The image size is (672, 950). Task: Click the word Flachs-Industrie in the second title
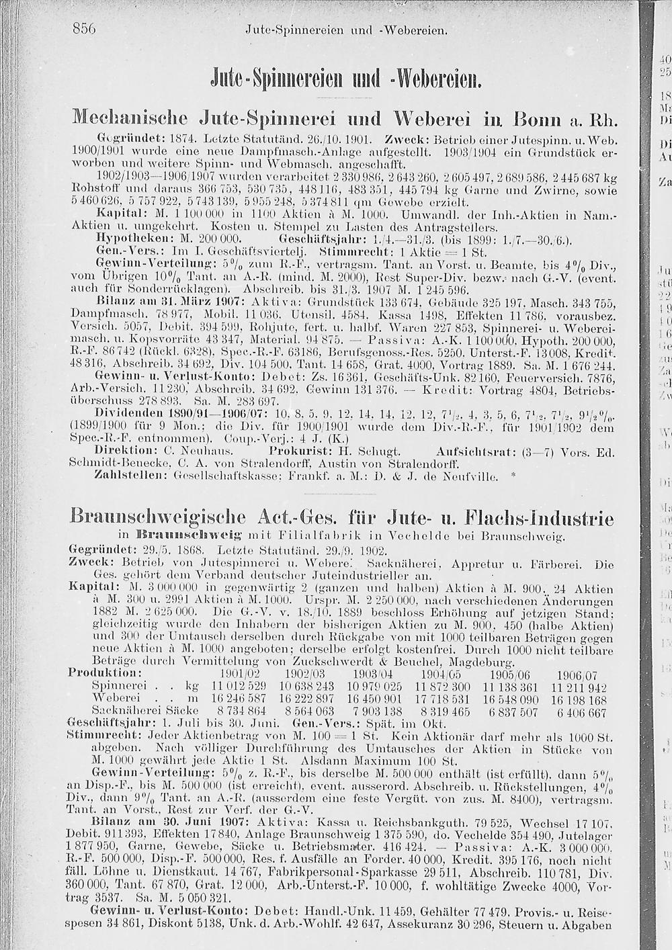click(540, 519)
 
